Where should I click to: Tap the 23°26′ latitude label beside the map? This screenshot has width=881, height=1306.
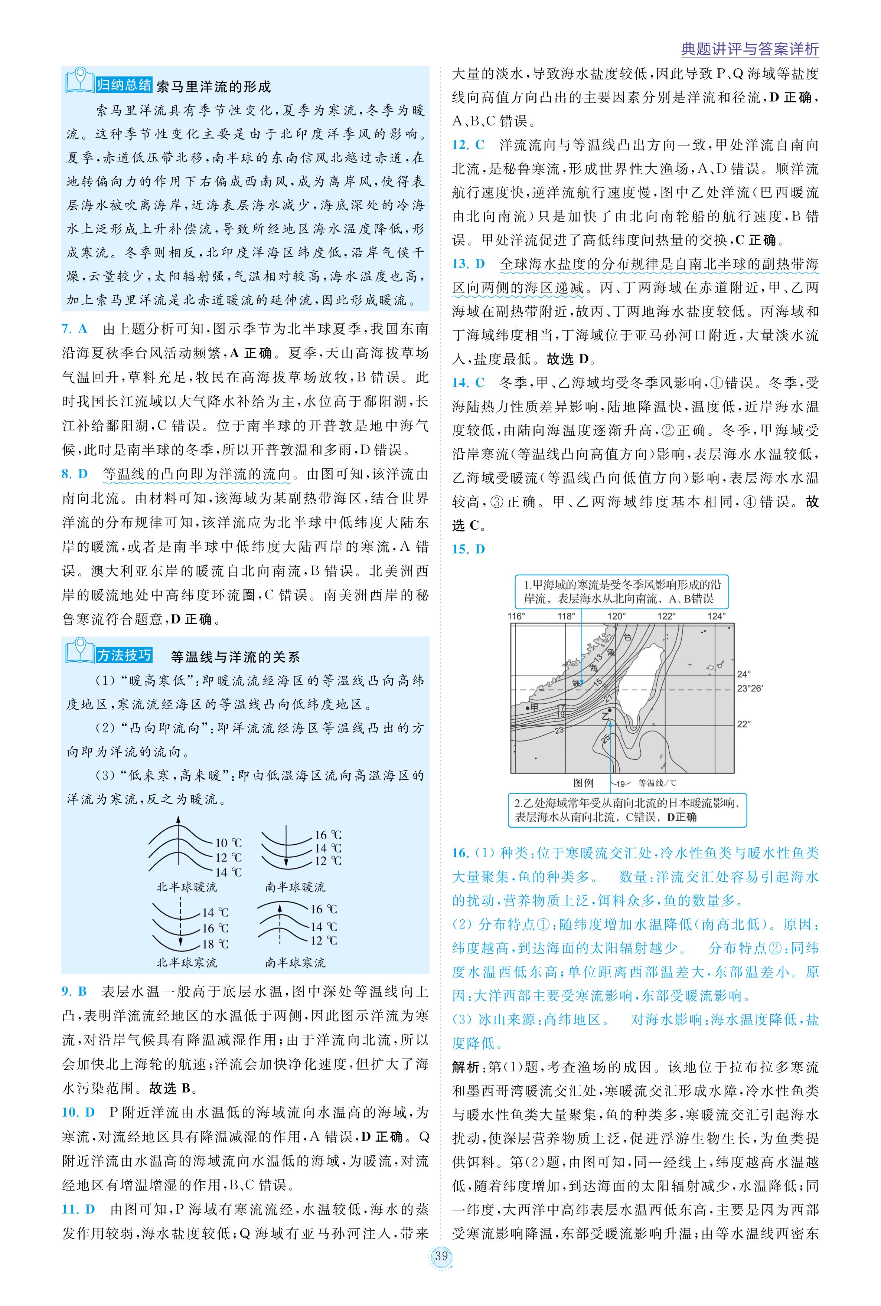pos(750,688)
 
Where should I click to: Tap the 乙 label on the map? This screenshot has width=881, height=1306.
pos(605,716)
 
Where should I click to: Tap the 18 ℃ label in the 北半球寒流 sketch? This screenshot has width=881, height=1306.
pos(215,944)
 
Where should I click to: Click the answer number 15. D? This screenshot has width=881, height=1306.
pos(468,549)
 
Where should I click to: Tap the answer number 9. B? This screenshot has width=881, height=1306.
pos(74,991)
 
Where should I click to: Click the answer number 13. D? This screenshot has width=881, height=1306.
pos(468,264)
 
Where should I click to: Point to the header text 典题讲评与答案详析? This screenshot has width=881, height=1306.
pos(750,49)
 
